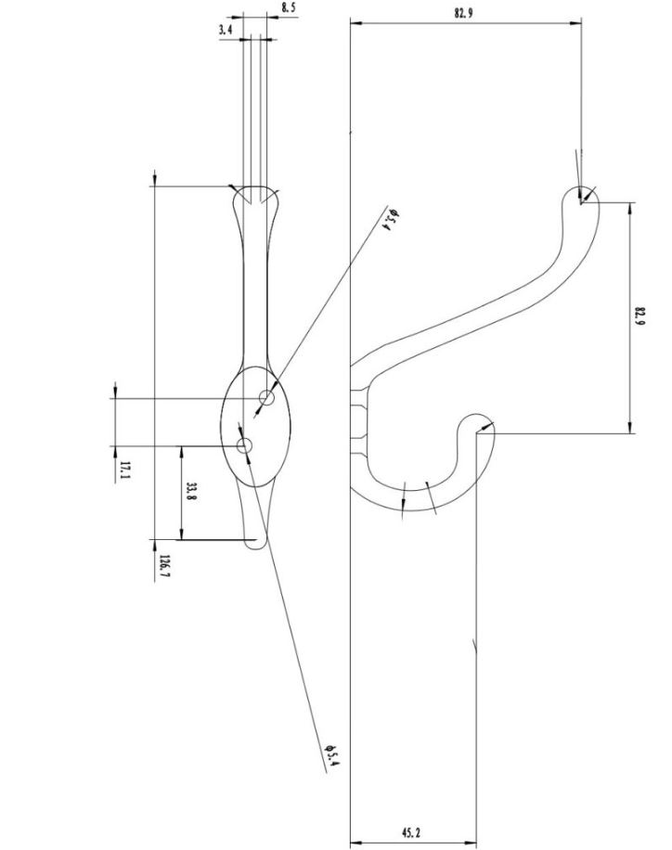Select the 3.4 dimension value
(x=226, y=30)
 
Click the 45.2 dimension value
(x=413, y=832)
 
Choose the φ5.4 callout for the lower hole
(x=331, y=757)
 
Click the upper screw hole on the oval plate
(x=267, y=398)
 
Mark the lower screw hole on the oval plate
(x=245, y=447)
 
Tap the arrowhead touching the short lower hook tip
(x=487, y=428)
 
